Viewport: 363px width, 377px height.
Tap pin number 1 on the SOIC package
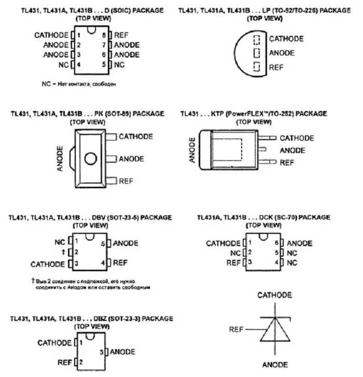tap(79, 35)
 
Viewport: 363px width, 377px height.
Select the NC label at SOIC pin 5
tap(119, 64)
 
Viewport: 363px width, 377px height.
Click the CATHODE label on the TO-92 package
tap(286, 38)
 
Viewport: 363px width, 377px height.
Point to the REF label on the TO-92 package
tap(276, 67)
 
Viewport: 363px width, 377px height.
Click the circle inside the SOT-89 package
tap(91, 159)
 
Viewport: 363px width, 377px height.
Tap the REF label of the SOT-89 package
tap(126, 181)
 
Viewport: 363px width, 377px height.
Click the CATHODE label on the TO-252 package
tap(297, 138)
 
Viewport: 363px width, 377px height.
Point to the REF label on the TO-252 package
tap(287, 162)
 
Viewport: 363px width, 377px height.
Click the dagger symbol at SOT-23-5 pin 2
tap(63, 253)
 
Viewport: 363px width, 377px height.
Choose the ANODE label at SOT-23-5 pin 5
tap(125, 243)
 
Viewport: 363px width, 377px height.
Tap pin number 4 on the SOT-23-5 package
tap(103, 263)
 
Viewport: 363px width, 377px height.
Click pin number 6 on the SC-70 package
tap(277, 243)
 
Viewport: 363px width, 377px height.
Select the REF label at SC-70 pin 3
tap(234, 263)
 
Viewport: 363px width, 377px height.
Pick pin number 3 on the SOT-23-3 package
tap(102, 352)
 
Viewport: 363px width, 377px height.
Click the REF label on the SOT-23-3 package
tap(65, 362)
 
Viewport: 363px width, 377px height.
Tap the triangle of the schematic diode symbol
tap(274, 329)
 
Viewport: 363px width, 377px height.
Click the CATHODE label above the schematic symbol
tap(275, 295)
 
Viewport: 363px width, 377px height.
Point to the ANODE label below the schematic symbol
tap(274, 364)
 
